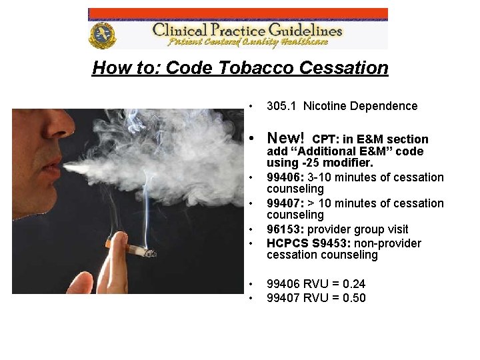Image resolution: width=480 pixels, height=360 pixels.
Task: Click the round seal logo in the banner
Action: coord(102,35)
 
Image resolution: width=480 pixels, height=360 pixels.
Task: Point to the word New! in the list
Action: coord(285,138)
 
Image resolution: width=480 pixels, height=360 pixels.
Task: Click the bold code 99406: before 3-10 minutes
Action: coord(285,177)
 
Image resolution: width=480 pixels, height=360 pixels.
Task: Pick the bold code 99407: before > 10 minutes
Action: coord(285,203)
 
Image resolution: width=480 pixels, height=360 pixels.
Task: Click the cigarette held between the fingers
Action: coord(140,251)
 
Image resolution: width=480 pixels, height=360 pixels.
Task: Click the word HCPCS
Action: coord(287,243)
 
